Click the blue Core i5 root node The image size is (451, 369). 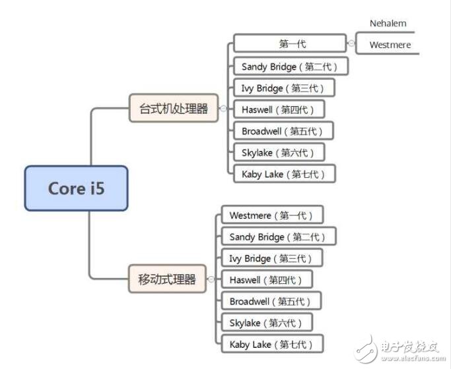tap(76, 188)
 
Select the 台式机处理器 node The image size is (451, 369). tap(174, 108)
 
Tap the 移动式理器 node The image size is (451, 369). tap(167, 279)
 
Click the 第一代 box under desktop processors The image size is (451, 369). tap(290, 44)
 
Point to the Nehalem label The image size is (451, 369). tap(388, 23)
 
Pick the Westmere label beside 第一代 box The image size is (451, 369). tap(390, 45)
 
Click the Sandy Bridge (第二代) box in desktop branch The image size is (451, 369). tap(290, 66)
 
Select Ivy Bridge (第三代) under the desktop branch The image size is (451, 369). tap(283, 88)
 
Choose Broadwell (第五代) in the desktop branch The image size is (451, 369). tap(283, 130)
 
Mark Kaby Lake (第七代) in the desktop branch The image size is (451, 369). tap(284, 173)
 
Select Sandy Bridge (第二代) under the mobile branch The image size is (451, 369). tap(277, 237)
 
